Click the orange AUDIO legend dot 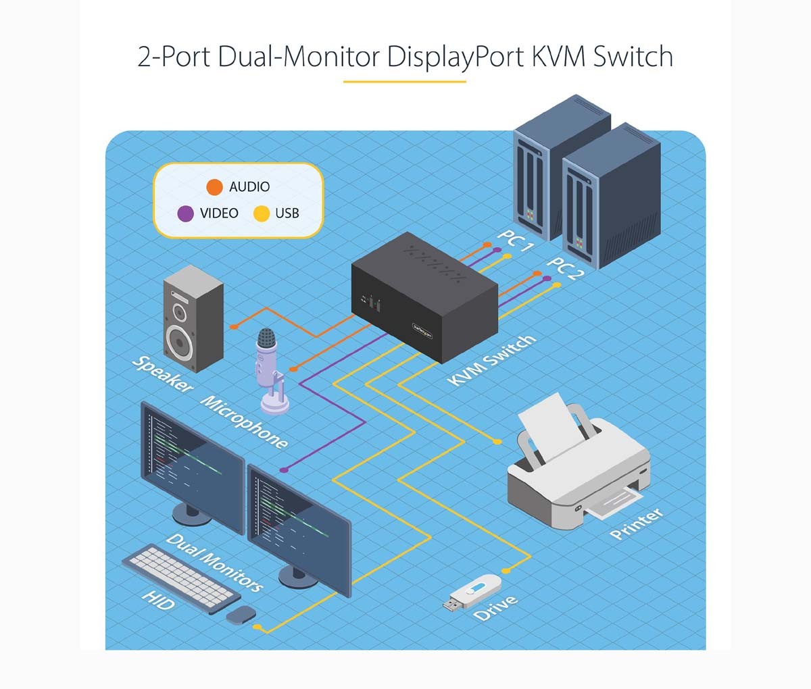coord(214,186)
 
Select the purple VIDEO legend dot coord(185,213)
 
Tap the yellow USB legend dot coord(261,213)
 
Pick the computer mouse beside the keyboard coord(241,614)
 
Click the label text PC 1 coord(516,240)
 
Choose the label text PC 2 coord(565,270)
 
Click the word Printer coord(636,524)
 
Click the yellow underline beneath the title coord(404,82)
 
